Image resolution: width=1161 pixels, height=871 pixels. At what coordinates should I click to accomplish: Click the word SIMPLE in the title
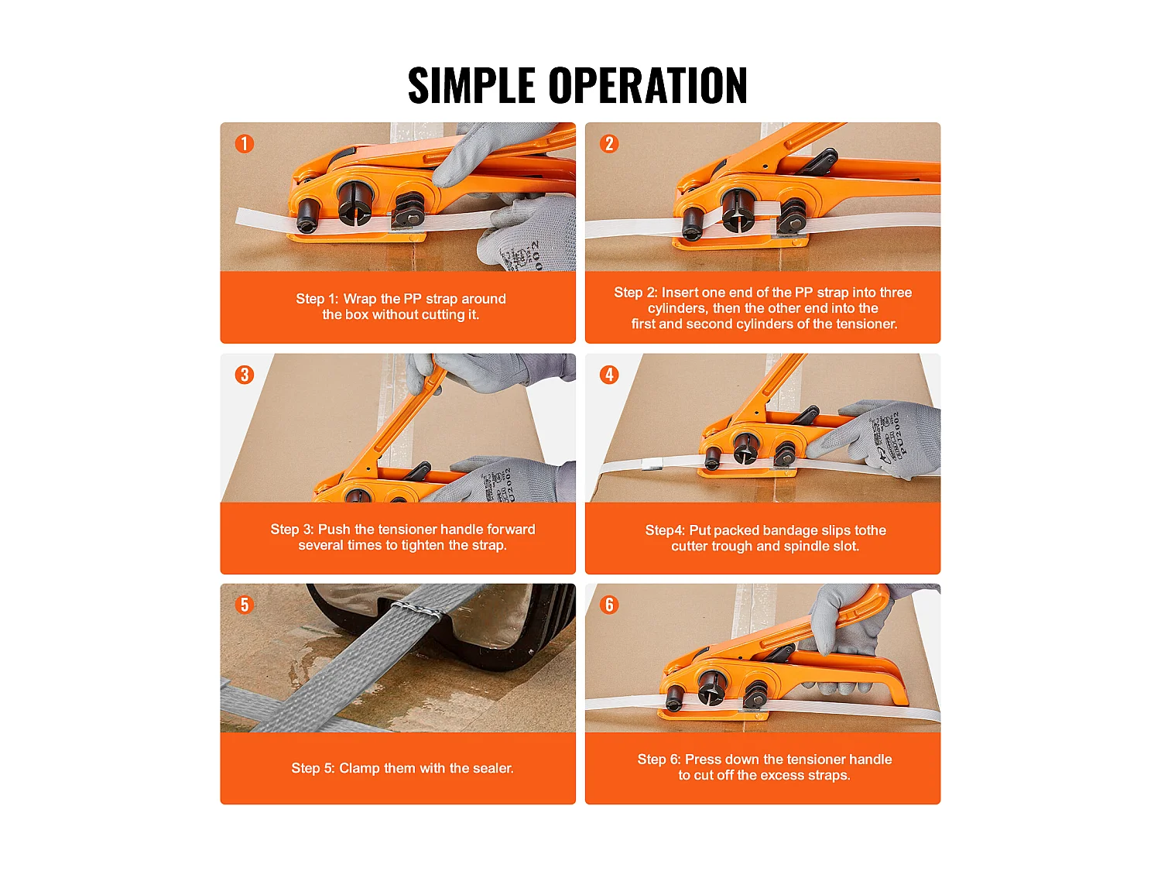471,85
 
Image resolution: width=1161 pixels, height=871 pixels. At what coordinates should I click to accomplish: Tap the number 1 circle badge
245,144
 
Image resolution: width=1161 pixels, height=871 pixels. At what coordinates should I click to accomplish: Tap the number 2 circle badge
609,144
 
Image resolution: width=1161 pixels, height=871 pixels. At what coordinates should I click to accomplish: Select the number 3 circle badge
245,375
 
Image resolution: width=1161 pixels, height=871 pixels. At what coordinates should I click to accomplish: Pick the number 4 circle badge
609,375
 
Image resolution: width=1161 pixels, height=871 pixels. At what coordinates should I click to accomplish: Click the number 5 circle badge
245,605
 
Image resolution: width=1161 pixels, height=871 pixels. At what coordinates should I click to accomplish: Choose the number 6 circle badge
609,605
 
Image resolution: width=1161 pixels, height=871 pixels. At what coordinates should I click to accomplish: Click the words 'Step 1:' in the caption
317,299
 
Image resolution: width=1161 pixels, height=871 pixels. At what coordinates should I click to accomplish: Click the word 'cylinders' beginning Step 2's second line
676,308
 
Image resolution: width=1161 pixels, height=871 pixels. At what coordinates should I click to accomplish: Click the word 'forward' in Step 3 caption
510,530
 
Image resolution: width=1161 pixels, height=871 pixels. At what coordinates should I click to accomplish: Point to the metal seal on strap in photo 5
419,611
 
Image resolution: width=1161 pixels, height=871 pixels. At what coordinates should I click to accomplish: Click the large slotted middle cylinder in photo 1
355,203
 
